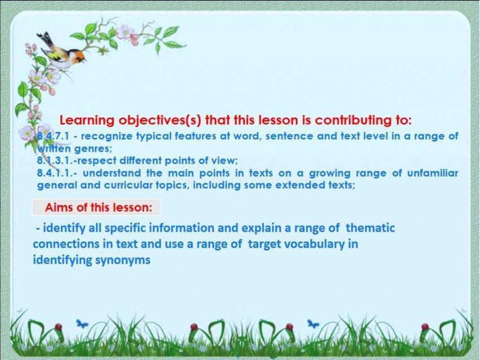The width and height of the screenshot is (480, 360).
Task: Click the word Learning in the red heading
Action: pyautogui.click(x=87, y=121)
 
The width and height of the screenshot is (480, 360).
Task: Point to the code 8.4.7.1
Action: pyautogui.click(x=53, y=136)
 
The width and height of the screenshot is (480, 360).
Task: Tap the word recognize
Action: pyautogui.click(x=107, y=137)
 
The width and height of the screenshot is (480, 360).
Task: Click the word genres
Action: pyautogui.click(x=93, y=149)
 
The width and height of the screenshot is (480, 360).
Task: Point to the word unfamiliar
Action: pyautogui.click(x=433, y=173)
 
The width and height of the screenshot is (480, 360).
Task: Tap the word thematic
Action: pyautogui.click(x=370, y=228)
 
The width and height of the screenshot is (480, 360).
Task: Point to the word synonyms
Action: pyautogui.click(x=123, y=261)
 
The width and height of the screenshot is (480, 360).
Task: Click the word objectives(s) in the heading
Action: pyautogui.click(x=160, y=121)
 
